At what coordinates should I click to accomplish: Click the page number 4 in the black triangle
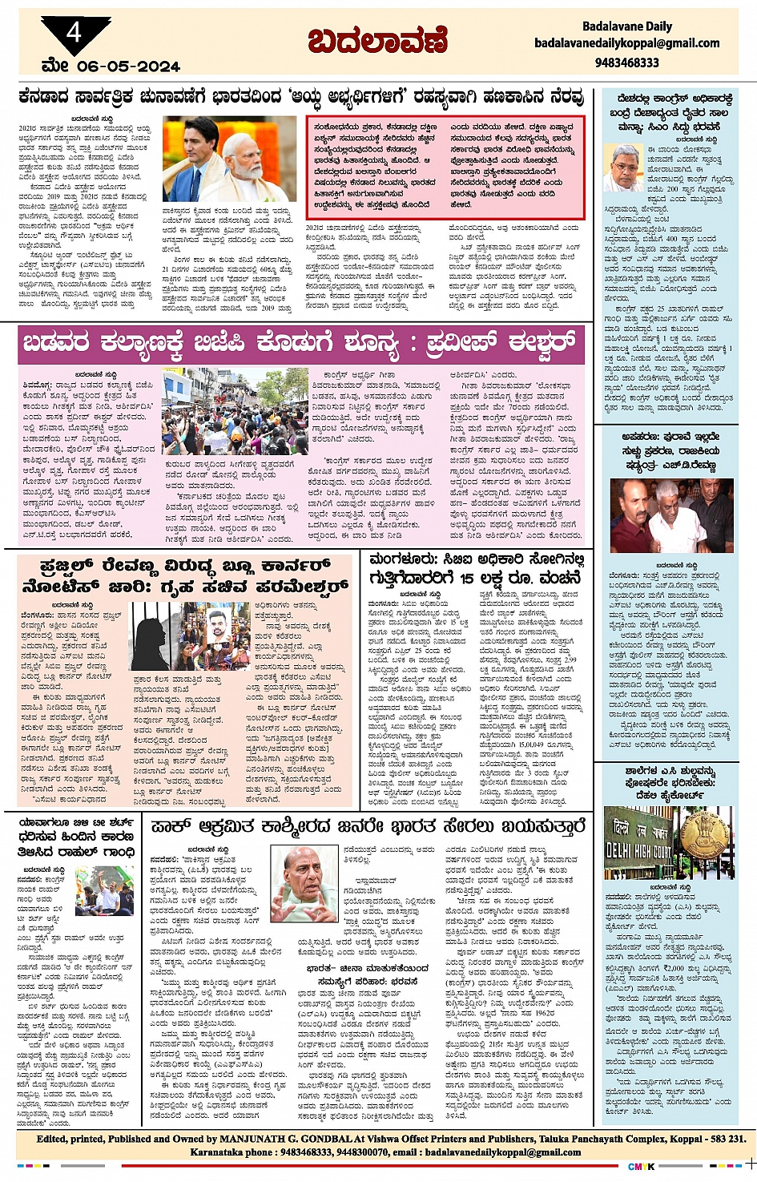pyautogui.click(x=74, y=33)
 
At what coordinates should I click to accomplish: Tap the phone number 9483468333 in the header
pyautogui.click(x=626, y=62)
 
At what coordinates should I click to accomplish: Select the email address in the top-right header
pyautogui.click(x=626, y=43)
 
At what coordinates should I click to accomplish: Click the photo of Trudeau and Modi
pyautogui.click(x=229, y=159)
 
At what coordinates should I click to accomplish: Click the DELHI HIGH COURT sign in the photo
pyautogui.click(x=638, y=842)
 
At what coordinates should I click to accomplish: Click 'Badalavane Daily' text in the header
pyautogui.click(x=627, y=26)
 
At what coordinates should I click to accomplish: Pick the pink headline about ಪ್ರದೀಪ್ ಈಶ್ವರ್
pyautogui.click(x=299, y=343)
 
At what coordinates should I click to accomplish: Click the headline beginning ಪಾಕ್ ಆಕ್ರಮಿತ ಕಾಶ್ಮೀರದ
pyautogui.click(x=368, y=826)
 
